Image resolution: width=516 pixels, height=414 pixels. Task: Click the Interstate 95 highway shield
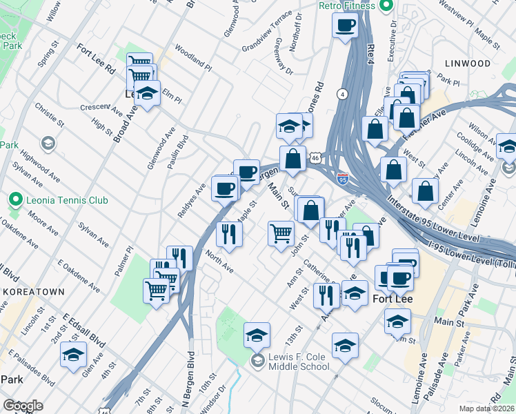(343, 179)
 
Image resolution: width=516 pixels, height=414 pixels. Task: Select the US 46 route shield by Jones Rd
(315, 158)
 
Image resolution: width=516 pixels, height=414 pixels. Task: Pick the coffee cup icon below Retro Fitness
(345, 26)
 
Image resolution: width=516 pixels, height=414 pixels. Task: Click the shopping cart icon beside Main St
(281, 233)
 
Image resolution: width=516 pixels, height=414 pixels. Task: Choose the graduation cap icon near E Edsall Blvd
(72, 355)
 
